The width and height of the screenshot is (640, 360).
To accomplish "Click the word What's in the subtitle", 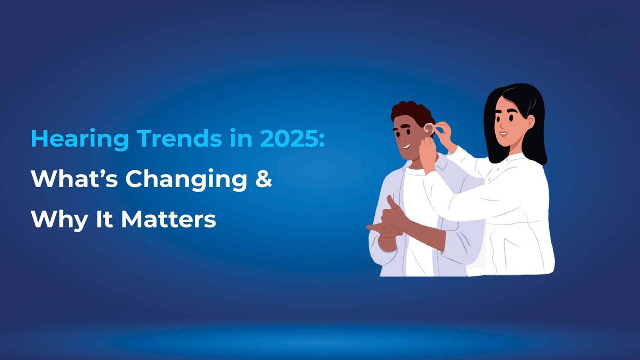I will click(x=74, y=179).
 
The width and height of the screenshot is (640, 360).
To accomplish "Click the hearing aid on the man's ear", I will click(x=428, y=128).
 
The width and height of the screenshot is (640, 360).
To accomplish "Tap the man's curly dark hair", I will click(x=412, y=112).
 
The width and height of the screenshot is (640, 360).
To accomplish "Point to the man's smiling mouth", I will click(x=407, y=146).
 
